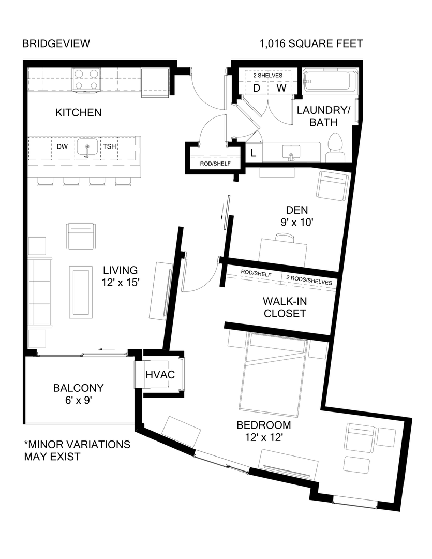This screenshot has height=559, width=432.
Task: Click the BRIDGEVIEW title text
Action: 56,43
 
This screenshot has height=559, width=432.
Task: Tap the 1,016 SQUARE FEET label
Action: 311,43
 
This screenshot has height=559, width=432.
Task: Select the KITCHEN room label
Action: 79,112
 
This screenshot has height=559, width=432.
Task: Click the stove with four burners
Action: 86,80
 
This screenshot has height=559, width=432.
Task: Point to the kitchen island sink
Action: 87,148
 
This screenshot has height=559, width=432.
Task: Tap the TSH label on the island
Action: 109,146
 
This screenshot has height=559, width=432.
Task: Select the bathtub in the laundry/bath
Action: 328,81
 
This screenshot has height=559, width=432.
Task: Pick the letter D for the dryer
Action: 256,88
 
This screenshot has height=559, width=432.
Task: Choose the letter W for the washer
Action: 281,88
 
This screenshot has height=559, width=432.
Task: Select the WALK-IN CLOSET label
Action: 284,307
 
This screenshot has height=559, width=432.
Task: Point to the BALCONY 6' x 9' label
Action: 79,394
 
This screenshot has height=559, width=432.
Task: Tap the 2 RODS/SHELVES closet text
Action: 309,275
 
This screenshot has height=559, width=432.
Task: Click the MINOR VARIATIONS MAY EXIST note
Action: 77,450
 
